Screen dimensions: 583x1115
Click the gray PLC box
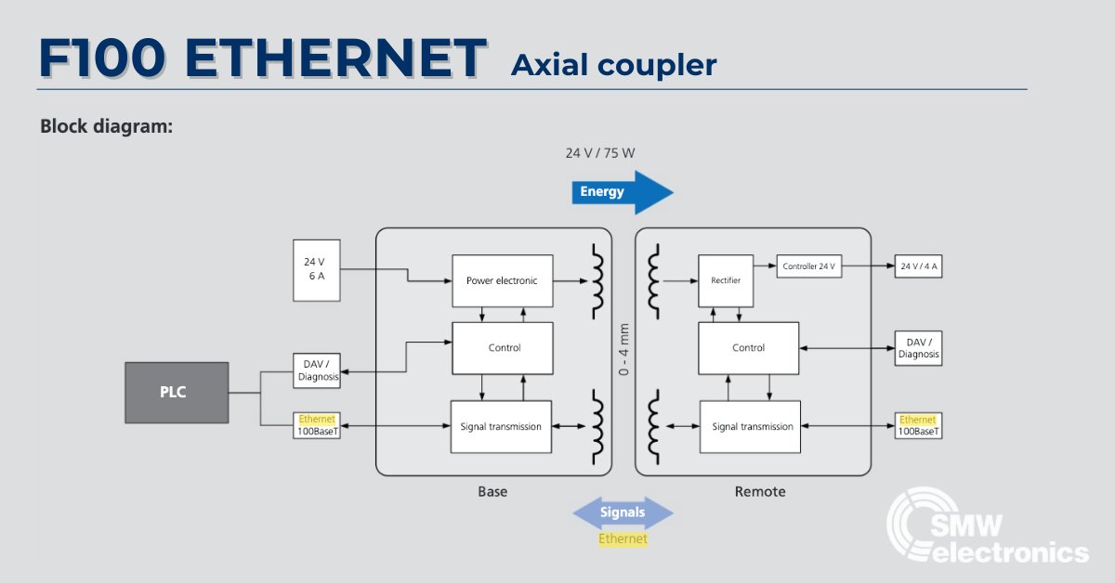click(x=177, y=392)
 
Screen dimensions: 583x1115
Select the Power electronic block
click(x=502, y=280)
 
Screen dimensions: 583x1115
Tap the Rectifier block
click(x=726, y=280)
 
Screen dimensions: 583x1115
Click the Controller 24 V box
click(x=809, y=266)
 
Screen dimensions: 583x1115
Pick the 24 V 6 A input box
click(x=316, y=269)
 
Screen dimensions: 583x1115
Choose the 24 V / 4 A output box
click(x=919, y=267)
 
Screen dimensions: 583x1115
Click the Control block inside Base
click(x=502, y=347)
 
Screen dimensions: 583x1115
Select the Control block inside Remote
click(x=748, y=348)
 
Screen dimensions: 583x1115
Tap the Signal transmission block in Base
click(x=501, y=426)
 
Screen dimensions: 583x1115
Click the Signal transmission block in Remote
click(x=751, y=426)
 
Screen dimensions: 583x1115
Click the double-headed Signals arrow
click(x=622, y=512)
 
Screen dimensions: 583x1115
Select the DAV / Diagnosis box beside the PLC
click(x=316, y=371)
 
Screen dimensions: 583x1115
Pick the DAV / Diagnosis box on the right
click(x=919, y=347)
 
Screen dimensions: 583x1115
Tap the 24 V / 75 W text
click(x=600, y=152)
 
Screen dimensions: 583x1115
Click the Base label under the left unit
click(x=492, y=491)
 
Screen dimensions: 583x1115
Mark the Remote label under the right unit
click(x=759, y=491)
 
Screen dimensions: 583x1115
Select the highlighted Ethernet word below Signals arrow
click(x=623, y=538)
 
